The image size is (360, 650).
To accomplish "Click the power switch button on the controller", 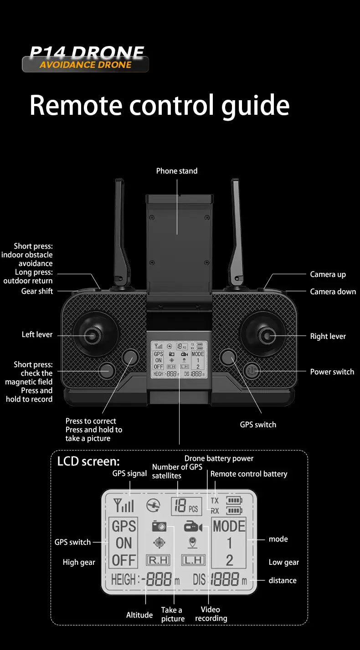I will [252, 371].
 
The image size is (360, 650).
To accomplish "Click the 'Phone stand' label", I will [177, 171].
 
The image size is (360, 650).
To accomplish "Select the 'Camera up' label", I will [328, 274].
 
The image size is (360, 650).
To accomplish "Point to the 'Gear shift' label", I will [37, 291].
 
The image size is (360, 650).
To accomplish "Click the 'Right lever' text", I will [328, 336].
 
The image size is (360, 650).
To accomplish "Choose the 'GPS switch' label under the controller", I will [258, 425].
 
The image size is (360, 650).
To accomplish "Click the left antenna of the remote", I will [120, 228].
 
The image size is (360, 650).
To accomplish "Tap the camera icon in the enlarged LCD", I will [159, 527].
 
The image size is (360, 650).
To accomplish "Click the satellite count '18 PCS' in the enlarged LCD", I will [186, 506].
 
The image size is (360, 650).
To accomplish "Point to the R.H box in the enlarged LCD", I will [157, 560].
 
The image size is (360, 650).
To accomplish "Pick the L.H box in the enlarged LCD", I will [193, 560].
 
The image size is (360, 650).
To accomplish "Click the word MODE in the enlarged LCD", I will [229, 526].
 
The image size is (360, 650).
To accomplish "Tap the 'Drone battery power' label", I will [219, 458].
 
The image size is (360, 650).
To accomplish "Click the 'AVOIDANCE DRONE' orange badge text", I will [85, 65].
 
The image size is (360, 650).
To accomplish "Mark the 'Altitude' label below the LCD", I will [139, 615].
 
